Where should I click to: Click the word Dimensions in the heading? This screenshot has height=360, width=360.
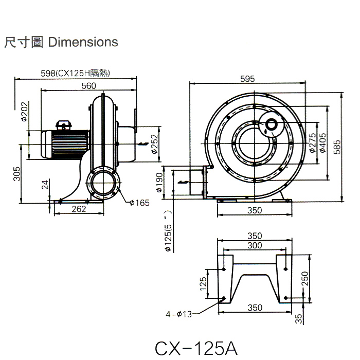(82, 42)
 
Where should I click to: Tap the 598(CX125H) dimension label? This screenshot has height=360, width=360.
(76, 74)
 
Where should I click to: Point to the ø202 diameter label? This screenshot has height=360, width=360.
(24, 110)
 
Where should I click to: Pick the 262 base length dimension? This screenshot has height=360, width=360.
(79, 209)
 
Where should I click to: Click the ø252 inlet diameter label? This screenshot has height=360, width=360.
(154, 143)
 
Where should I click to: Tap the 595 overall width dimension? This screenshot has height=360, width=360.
(247, 79)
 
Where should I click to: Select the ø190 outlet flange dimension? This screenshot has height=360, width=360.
(159, 182)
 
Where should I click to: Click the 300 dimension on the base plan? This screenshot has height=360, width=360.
(255, 246)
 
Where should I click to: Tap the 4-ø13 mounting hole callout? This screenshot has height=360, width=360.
(178, 313)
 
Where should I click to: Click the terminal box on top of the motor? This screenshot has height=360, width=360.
(64, 124)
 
